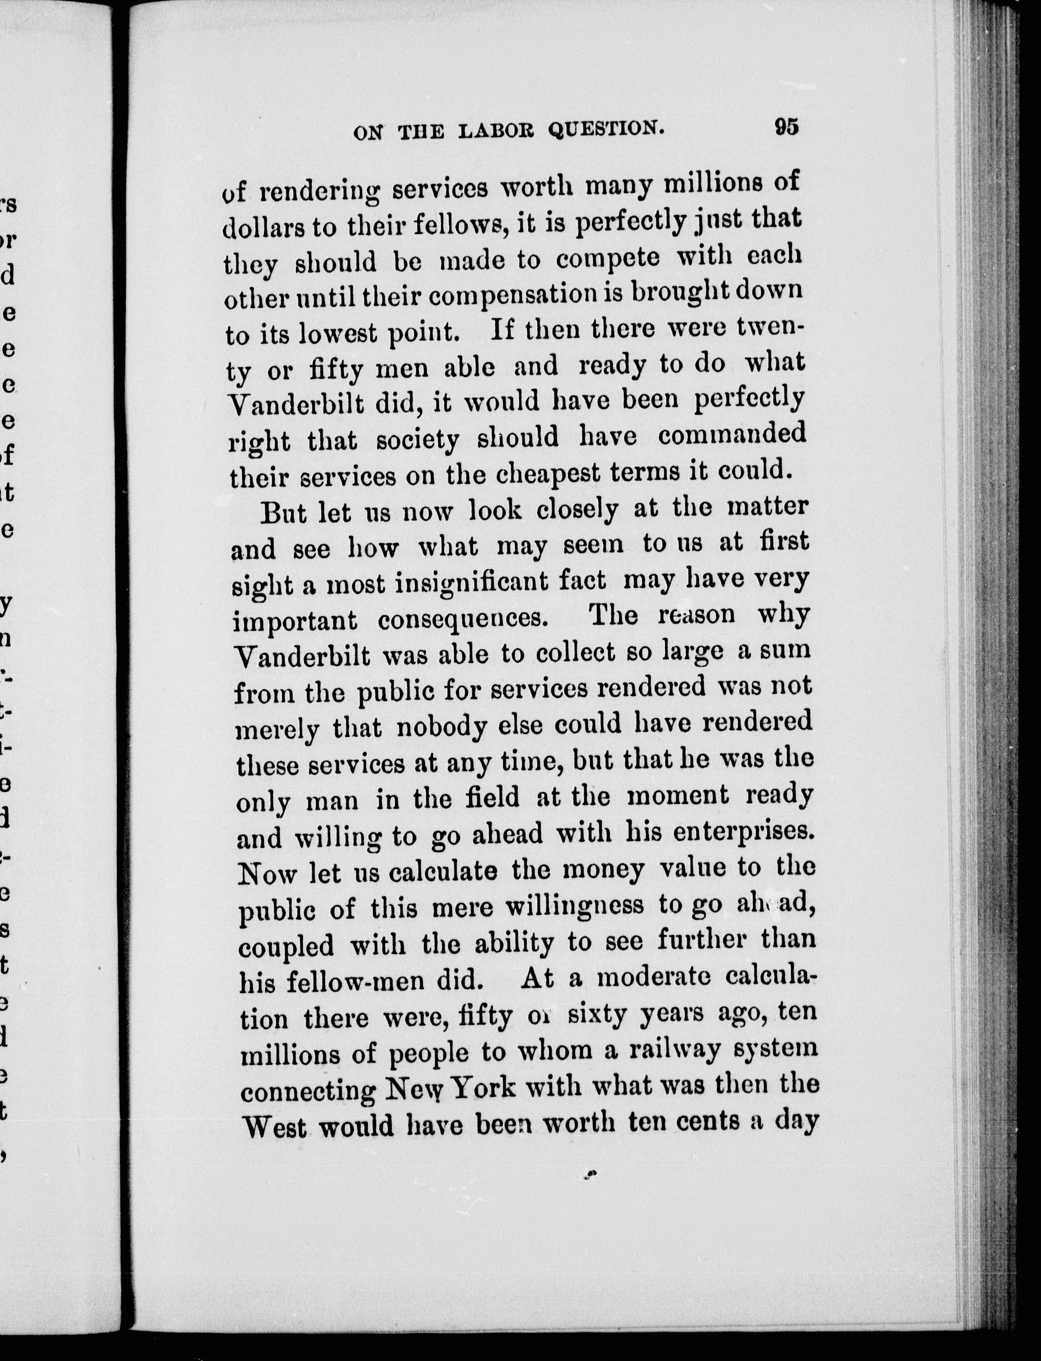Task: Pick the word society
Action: (x=417, y=441)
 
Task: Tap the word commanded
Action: (x=732, y=435)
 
